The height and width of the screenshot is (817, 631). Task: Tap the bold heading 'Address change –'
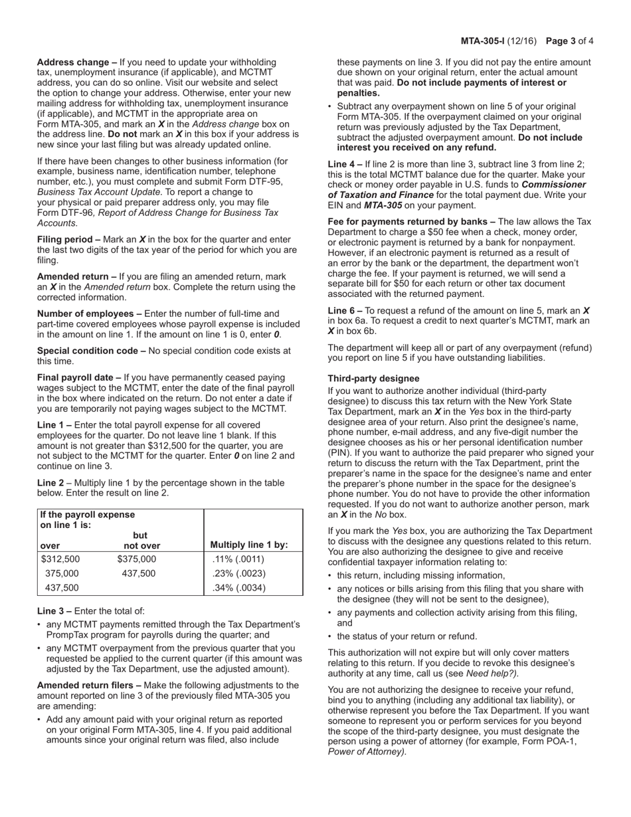pyautogui.click(x=77, y=62)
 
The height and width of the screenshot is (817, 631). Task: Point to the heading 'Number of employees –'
pyautogui.click(x=89, y=314)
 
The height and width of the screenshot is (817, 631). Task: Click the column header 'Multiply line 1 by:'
pyautogui.click(x=249, y=545)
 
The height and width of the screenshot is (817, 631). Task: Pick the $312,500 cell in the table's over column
pyautogui.click(x=60, y=559)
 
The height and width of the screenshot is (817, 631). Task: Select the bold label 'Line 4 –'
pyautogui.click(x=345, y=164)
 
